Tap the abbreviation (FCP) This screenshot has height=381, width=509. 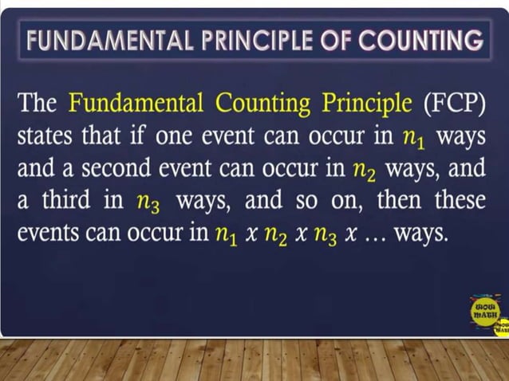click(x=454, y=104)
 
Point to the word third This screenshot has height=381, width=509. click(x=66, y=201)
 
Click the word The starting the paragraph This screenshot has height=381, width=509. click(x=37, y=104)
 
